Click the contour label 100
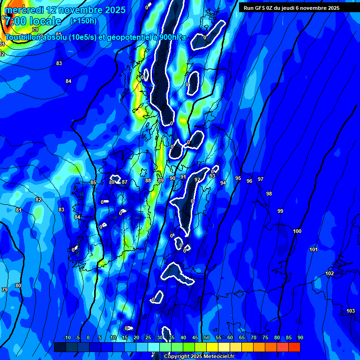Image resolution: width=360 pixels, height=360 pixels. click(x=297, y=231)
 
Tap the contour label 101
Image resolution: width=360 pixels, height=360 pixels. click(x=314, y=249)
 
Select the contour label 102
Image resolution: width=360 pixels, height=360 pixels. click(x=330, y=273)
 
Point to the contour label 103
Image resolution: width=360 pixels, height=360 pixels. click(x=351, y=311)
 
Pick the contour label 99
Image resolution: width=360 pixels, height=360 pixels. click(x=280, y=211)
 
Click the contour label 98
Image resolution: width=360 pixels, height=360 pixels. click(x=269, y=194)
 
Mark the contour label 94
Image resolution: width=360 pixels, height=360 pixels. click(x=223, y=183)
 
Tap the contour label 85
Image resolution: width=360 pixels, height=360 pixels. click(x=93, y=182)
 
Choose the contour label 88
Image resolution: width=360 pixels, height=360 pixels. click(x=148, y=180)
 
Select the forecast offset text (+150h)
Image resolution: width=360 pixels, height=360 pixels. click(x=83, y=21)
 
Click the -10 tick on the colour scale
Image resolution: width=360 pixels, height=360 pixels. click(x=67, y=337)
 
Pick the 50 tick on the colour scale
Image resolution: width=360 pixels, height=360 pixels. click(x=207, y=337)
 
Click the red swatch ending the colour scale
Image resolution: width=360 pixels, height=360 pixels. click(x=294, y=347)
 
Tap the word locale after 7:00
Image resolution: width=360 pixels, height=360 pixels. click(x=45, y=21)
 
